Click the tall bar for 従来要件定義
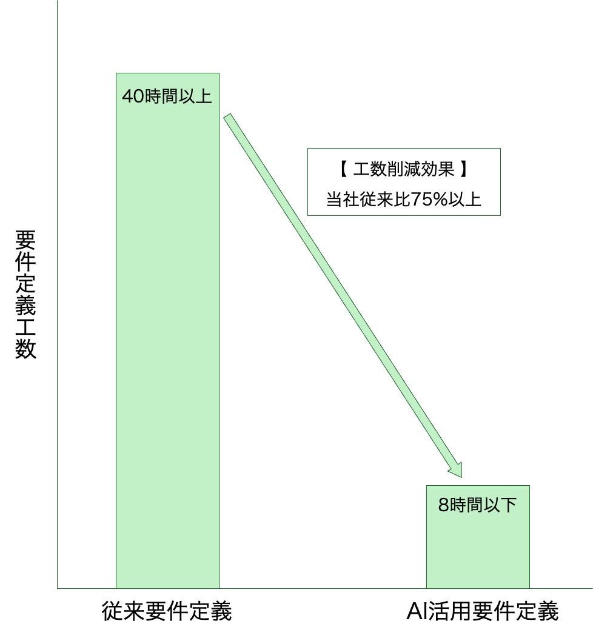tap(167, 340)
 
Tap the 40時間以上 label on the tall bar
tap(167, 97)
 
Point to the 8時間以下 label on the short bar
tap(477, 505)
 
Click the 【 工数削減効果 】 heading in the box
tap(403, 169)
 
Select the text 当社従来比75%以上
tap(403, 200)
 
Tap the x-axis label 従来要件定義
tap(167, 611)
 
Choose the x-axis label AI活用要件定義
tap(482, 611)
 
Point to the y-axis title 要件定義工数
tap(26, 295)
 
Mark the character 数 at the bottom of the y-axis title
tap(26, 349)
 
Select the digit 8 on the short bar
tap(444, 505)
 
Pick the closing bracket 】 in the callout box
tap(464, 169)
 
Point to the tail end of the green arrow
tap(229, 118)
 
